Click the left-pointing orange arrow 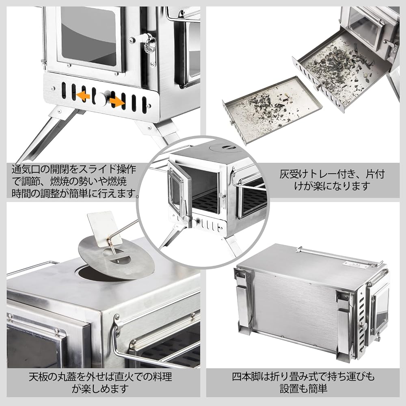click(x=84, y=96)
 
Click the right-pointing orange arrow click(x=117, y=101)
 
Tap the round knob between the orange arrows click(x=100, y=98)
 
